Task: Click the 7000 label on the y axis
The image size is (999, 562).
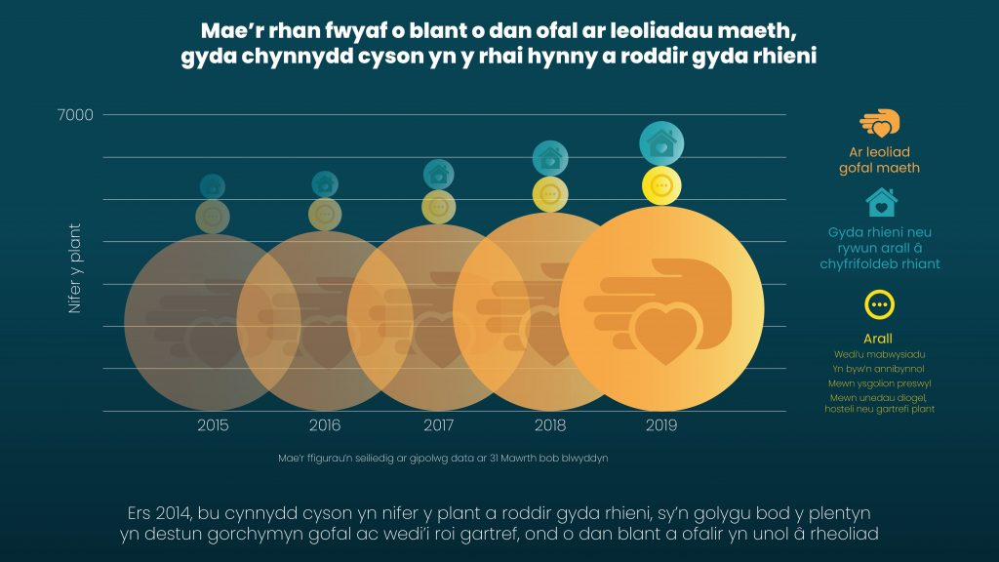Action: pos(75,115)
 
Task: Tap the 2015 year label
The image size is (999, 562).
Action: pos(213,425)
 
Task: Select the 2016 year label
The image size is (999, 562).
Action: pos(325,425)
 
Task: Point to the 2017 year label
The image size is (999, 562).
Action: pos(438,425)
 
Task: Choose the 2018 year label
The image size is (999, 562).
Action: pos(550,425)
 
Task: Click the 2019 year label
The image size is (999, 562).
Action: pos(660,425)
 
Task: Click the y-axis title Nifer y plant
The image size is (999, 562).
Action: pos(74,268)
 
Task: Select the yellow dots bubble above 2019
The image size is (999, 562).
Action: pos(660,185)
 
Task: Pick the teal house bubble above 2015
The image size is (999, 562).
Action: pos(213,185)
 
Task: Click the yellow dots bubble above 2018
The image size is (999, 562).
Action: pos(550,193)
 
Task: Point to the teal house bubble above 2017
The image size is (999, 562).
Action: pos(438,174)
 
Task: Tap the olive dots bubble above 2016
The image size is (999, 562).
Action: pos(325,214)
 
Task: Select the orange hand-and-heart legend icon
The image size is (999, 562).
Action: pos(879,125)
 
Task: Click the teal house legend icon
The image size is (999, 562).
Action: pos(881,203)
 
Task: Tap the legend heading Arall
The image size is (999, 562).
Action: pos(879,339)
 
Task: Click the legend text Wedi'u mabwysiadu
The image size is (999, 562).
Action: pos(879,354)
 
